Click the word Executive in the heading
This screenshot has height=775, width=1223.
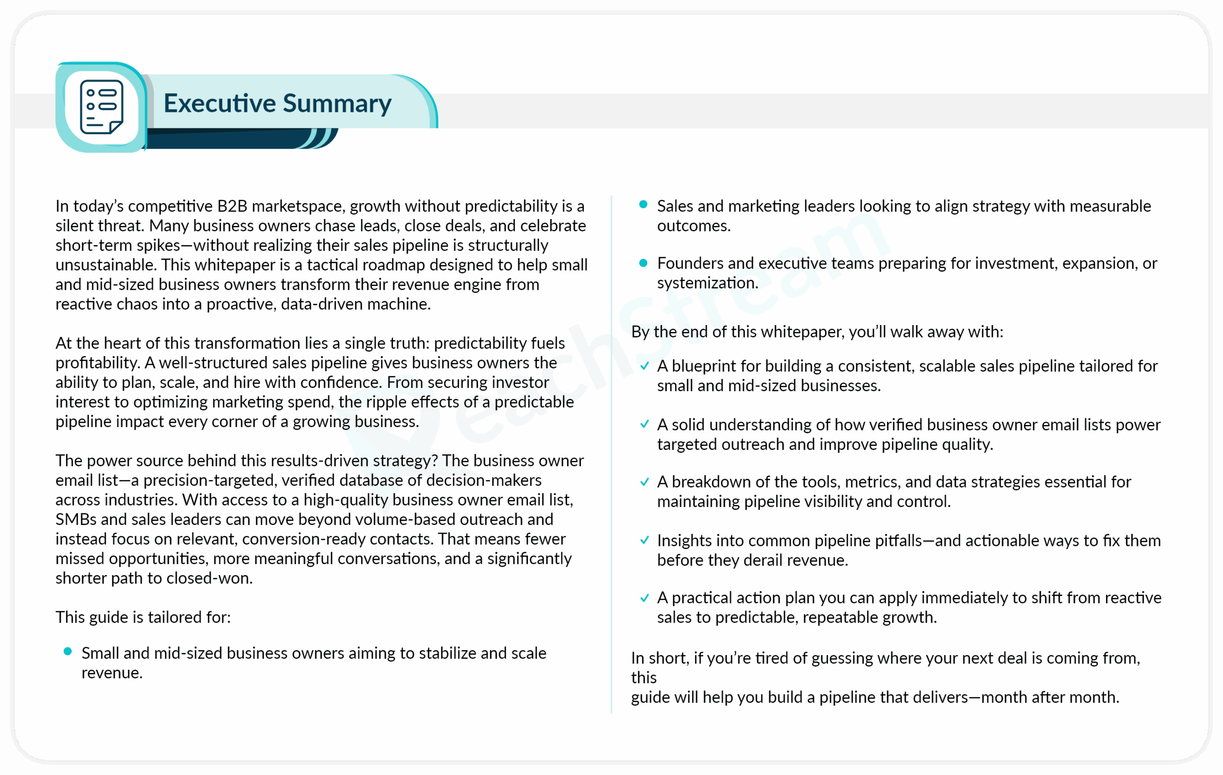(219, 103)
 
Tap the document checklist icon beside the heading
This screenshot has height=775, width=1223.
(102, 107)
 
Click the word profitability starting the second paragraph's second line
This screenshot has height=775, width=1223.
(97, 363)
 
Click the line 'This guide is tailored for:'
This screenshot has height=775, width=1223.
(143, 617)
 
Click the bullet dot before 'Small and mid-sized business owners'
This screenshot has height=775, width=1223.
(67, 652)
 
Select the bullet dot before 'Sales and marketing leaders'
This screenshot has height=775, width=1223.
(643, 205)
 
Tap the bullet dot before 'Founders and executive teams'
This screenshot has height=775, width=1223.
(643, 263)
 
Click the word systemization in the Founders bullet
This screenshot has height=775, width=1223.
(707, 283)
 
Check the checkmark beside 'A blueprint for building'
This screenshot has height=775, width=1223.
(644, 366)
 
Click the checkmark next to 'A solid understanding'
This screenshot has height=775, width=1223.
(644, 425)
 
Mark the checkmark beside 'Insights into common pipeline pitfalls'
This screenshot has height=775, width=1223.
(644, 540)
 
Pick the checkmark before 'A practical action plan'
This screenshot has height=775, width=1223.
(644, 598)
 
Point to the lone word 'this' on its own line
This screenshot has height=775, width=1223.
(644, 677)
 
